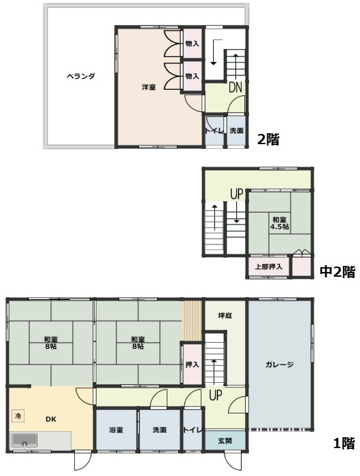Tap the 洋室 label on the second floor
(148, 87)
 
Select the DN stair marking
(235, 87)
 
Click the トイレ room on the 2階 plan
(214, 131)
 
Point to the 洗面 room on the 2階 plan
(236, 131)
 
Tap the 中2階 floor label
(338, 272)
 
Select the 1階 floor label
(344, 444)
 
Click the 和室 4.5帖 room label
(280, 223)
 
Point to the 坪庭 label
(225, 316)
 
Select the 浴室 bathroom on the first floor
(116, 430)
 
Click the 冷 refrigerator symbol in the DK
(18, 415)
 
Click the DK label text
(50, 420)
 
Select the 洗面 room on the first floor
(159, 430)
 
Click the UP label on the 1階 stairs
(215, 395)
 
